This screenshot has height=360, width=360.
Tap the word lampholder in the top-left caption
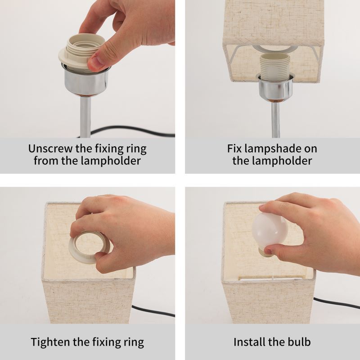tap(111, 161)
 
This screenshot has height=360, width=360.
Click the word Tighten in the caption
tap(50, 342)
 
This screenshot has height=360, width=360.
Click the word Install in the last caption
tap(249, 342)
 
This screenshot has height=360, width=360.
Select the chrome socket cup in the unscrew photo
tap(86, 81)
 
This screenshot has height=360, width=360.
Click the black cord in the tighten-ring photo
tap(153, 311)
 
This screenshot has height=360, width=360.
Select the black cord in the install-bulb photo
tap(337, 303)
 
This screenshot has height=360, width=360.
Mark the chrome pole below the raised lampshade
tap(275, 120)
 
